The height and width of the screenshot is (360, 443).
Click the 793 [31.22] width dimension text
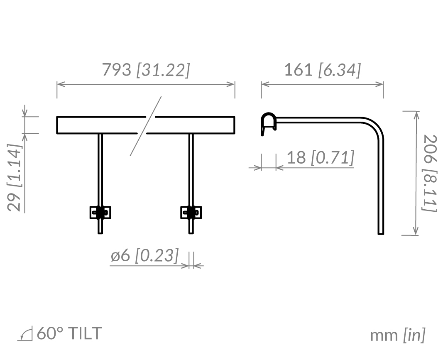coord(146,70)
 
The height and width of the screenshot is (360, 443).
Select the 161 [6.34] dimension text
coord(322,70)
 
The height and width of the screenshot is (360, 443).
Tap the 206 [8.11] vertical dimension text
coord(430,173)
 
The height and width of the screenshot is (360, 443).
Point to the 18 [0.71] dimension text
coord(321,157)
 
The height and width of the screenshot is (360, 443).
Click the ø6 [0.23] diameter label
coord(144,255)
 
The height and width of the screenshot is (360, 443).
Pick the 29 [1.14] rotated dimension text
coord(15,178)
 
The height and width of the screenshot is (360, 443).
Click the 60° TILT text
coord(69,333)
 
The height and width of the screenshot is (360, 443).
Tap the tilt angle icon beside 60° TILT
coord(25,334)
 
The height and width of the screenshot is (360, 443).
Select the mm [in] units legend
coord(397,335)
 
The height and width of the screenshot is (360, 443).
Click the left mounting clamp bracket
coord(100,213)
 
